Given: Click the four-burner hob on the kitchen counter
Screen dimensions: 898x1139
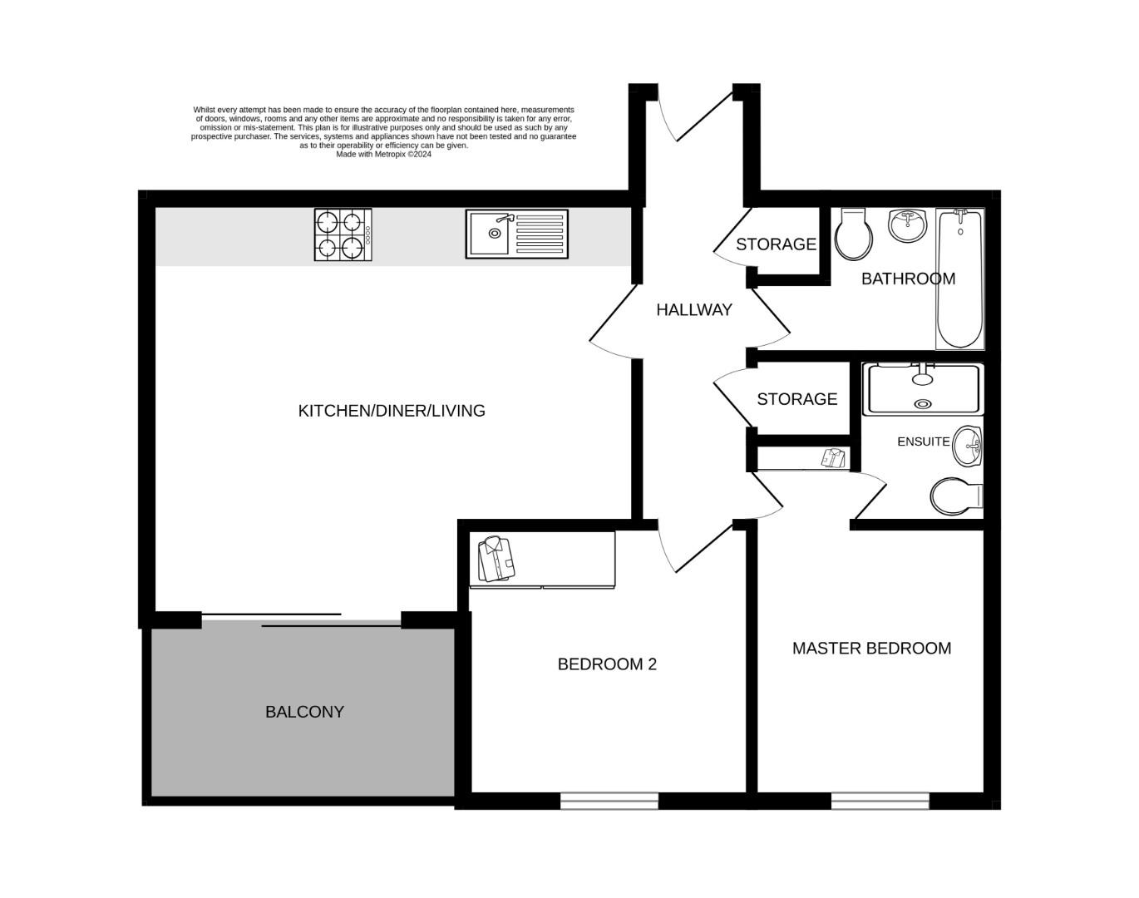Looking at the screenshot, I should pos(343,234).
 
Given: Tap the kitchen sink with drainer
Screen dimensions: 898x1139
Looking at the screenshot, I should pos(516,234).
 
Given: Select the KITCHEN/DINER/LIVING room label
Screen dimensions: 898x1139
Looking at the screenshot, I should pos(392,411).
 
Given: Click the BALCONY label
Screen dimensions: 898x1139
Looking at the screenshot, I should pos(304,712).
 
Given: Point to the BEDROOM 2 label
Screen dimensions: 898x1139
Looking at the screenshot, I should pos(607,664).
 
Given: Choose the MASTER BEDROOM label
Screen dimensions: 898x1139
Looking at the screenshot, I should pos(871,649).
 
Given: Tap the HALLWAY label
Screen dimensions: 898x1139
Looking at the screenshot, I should pos(694,310).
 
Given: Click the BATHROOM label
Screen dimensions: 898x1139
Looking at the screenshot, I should pos(908,279).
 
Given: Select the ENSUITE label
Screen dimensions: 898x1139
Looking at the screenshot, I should pos(923,442).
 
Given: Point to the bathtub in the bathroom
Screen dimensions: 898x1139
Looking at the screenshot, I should pos(960,279).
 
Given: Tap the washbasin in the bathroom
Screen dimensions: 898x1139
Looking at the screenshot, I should pos(908,224).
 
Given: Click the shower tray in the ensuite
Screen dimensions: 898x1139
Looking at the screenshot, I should pos(923,388).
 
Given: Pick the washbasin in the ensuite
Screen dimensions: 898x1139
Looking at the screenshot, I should pos(968,447).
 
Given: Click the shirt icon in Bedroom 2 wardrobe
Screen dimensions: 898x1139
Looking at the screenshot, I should pos(497,559).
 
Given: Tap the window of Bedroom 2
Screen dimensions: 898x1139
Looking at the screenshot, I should pos(609,801).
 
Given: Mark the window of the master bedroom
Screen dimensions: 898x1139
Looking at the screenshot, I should pos(880,801).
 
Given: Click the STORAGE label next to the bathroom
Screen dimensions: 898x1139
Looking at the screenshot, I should pos(776,244).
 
